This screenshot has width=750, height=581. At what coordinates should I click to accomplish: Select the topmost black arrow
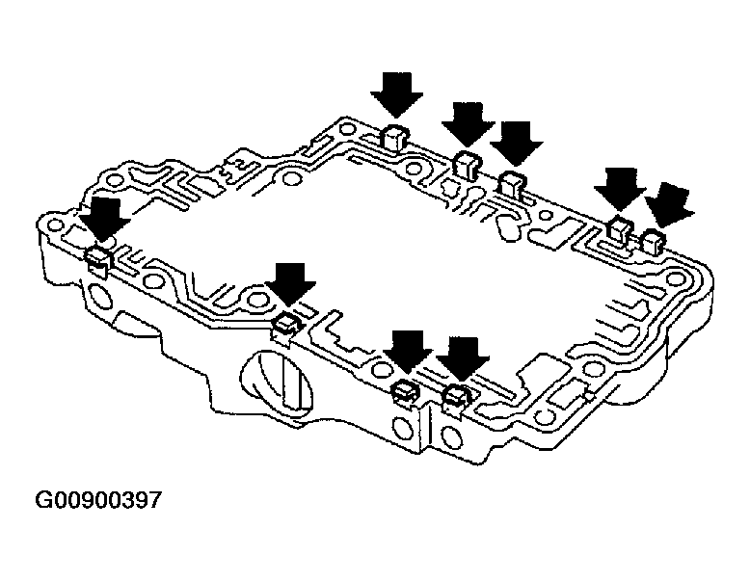pos(396,94)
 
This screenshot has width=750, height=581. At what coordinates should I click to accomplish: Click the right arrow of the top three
pos(517,143)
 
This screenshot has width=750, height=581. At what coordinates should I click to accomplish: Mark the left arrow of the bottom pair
pos(410,350)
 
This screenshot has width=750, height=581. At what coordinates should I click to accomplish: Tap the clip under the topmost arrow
pos(394,135)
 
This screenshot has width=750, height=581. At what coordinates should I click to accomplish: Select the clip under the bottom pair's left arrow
pos(404,388)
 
